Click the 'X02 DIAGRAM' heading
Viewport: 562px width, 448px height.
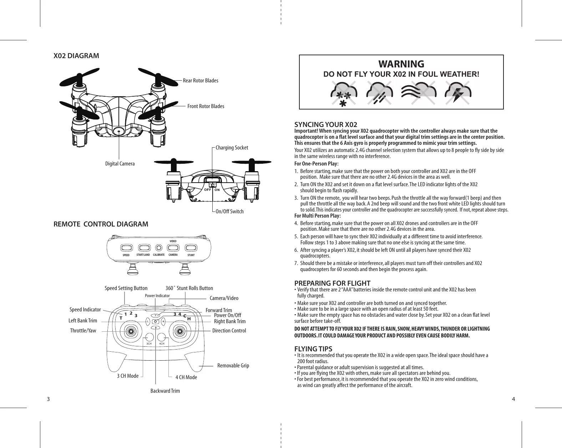click(x=76, y=56)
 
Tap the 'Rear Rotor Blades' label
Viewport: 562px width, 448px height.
click(x=200, y=81)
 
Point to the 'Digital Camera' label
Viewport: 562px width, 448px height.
click(x=120, y=164)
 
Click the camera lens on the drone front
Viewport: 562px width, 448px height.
click(x=118, y=131)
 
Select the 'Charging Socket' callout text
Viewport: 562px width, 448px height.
click(x=232, y=148)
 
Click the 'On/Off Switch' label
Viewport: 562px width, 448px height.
click(x=229, y=212)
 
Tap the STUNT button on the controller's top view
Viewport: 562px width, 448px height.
click(x=191, y=247)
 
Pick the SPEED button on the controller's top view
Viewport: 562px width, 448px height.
click(x=126, y=248)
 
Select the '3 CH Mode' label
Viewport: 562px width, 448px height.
click(x=128, y=376)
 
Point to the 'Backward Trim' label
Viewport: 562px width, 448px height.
click(x=165, y=391)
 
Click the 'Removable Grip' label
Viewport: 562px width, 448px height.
click(x=233, y=366)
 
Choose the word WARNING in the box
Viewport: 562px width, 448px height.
click(x=401, y=64)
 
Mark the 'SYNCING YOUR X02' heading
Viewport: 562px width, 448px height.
click(x=325, y=124)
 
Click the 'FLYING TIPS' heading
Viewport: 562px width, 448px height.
click(x=313, y=349)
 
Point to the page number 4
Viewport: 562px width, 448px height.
click(x=513, y=399)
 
